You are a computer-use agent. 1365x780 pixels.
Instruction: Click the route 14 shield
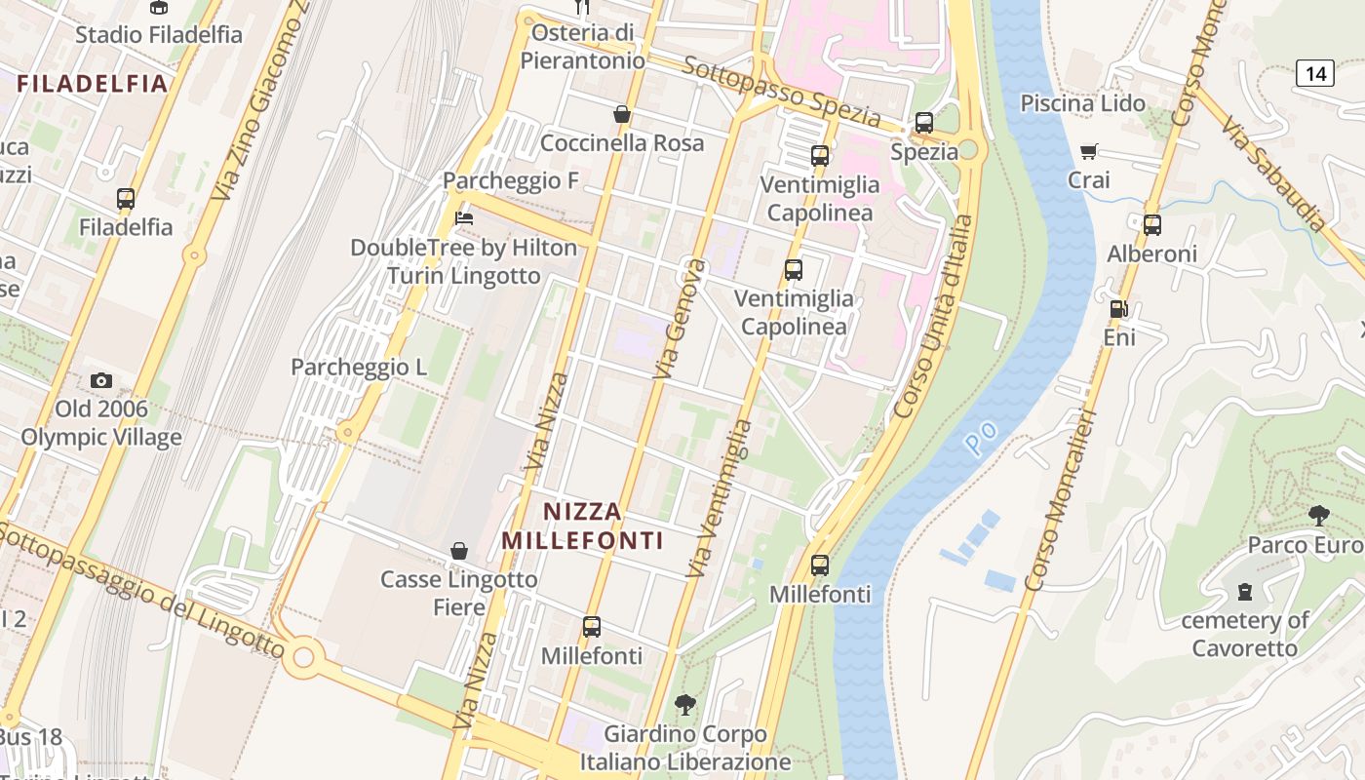tap(1315, 72)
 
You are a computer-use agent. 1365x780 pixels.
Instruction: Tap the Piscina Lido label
tap(1083, 103)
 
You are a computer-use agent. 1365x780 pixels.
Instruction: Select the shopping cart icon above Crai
tap(1089, 151)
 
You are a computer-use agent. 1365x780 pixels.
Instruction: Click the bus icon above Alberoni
tap(1152, 225)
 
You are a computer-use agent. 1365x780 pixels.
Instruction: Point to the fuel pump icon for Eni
tap(1119, 309)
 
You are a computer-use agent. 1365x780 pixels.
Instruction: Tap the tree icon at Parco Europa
tap(1319, 515)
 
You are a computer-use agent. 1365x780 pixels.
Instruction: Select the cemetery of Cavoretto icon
tap(1245, 591)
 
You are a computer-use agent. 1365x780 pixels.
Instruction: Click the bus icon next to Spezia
tap(923, 123)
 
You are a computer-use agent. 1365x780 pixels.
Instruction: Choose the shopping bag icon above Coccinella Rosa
tap(622, 114)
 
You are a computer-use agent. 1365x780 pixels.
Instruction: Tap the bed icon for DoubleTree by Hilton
tap(464, 218)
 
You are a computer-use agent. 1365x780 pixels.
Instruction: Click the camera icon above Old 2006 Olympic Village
tap(101, 380)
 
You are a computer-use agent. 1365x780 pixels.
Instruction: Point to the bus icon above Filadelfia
tap(126, 199)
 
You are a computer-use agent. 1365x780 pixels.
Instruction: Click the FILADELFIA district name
tap(93, 84)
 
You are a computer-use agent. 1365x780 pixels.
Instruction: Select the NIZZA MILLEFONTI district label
tap(582, 526)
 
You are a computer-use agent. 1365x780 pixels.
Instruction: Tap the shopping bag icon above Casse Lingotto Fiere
tap(459, 551)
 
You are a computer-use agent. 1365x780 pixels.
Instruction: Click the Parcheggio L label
tap(359, 368)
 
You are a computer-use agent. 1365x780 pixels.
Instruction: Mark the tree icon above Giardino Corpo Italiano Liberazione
tap(686, 704)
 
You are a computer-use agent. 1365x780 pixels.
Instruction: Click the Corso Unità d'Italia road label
tap(933, 317)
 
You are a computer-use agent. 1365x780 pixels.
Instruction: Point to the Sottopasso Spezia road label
tap(781, 93)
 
